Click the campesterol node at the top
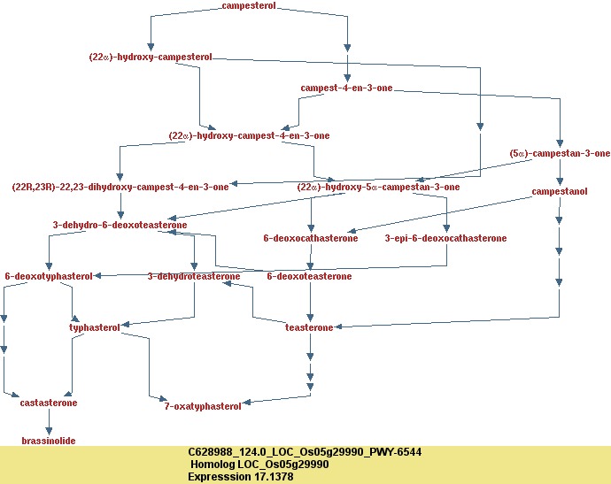click(249, 6)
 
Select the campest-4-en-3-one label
click(346, 88)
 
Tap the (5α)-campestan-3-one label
click(560, 154)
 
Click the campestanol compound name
click(560, 192)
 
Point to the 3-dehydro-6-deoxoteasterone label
click(120, 226)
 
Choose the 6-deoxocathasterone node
click(311, 239)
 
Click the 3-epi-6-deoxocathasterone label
click(445, 239)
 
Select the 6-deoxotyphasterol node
click(49, 277)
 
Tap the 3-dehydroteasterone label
click(194, 277)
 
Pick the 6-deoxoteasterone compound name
click(309, 277)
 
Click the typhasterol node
click(94, 328)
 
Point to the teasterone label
click(309, 328)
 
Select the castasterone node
click(49, 403)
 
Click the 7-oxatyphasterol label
click(203, 406)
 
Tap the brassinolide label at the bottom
click(49, 441)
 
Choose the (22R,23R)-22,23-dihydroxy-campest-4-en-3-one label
click(120, 187)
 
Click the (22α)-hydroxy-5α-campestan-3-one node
click(378, 187)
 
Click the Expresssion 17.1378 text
click(240, 476)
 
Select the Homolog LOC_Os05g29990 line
click(259, 464)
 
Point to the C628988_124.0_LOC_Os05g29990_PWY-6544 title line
click(305, 452)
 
